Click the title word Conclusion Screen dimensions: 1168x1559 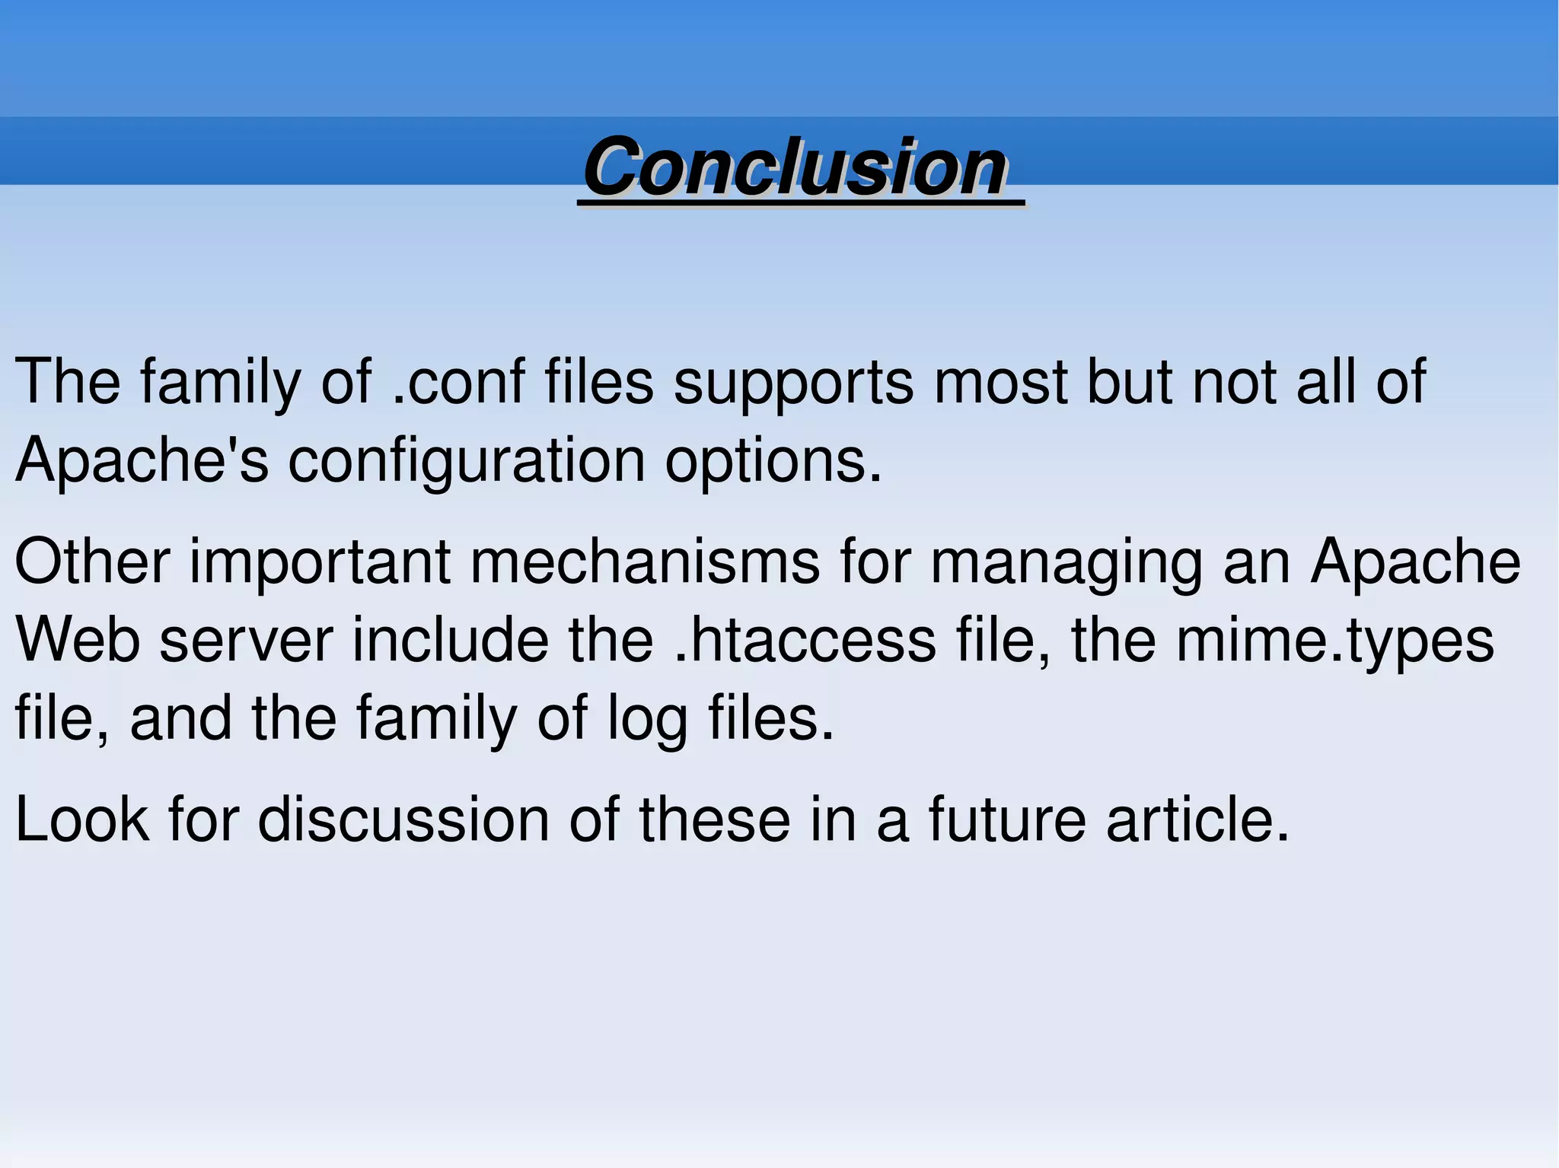(796, 167)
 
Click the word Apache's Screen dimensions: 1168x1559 (142, 461)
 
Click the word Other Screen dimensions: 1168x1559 (92, 562)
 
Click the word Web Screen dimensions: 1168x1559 (78, 640)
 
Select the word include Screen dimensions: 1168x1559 (450, 640)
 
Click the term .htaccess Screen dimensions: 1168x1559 (805, 640)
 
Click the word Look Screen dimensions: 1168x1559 (81, 820)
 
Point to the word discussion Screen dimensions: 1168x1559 (403, 820)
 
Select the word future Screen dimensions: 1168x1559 (1006, 820)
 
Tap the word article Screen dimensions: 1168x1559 (1197, 820)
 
